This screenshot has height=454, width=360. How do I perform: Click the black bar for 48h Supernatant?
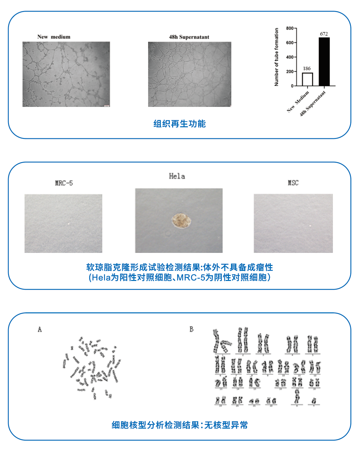coord(324,61)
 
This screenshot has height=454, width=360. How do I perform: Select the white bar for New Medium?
coord(307,79)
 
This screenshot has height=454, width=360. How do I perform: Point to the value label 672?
coord(324,34)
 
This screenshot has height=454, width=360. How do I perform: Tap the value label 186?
coord(307,68)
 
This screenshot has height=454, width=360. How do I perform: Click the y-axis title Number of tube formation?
coord(276,57)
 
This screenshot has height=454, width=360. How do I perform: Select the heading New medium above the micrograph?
coord(54,37)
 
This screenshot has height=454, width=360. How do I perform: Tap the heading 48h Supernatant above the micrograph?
coord(189,37)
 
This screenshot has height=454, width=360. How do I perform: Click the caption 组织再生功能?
coord(179,124)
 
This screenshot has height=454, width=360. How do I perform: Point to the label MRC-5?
coord(64,183)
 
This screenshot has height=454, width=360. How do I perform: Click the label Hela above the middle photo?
coord(177,176)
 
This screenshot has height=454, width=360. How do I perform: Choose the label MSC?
coord(293,183)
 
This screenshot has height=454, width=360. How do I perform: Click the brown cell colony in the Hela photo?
coord(182,221)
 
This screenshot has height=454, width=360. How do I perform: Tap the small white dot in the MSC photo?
coord(311,226)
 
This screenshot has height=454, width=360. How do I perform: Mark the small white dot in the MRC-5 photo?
coord(69,224)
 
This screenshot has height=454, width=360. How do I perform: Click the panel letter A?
coord(40,329)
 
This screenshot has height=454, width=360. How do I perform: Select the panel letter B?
coord(192,329)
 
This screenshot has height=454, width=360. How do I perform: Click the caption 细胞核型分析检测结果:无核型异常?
coord(179,425)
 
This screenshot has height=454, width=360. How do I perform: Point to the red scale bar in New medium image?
coord(106,106)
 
